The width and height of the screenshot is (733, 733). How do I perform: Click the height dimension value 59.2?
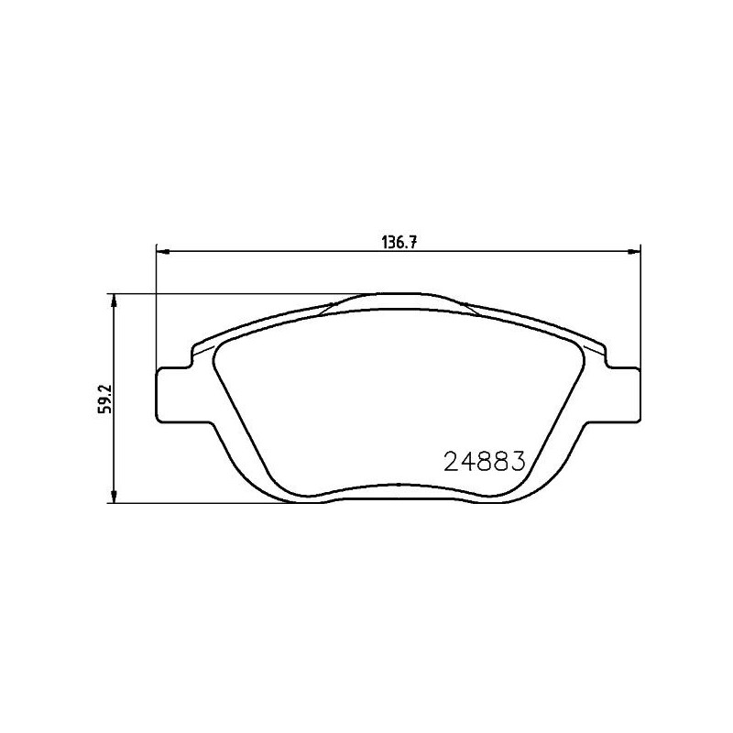click(x=105, y=399)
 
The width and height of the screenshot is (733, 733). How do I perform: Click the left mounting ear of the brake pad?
click(x=172, y=395)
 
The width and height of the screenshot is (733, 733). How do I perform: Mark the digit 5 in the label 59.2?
click(x=105, y=410)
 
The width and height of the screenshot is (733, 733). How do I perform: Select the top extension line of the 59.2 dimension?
click(x=229, y=294)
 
